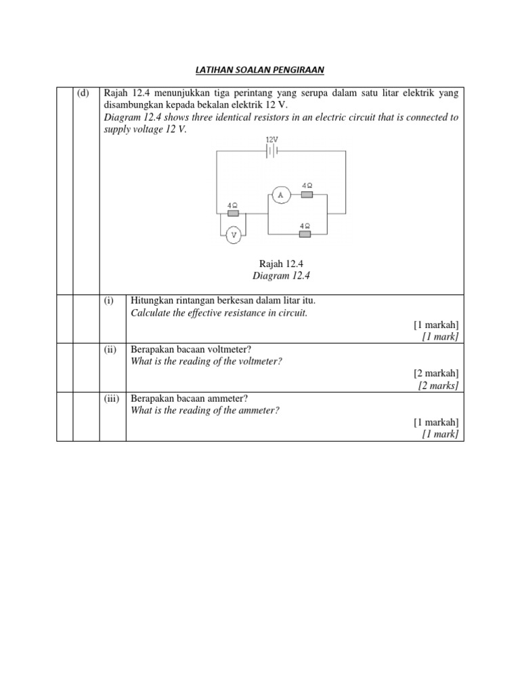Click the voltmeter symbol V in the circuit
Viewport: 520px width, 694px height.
click(x=234, y=235)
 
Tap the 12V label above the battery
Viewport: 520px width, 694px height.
click(x=272, y=139)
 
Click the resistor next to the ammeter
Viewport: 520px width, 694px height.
click(x=307, y=195)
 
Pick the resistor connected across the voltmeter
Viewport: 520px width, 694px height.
click(x=234, y=213)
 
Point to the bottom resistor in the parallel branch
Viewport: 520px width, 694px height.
click(x=305, y=234)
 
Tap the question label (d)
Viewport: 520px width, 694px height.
click(x=83, y=94)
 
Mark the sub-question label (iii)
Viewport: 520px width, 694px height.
click(x=112, y=399)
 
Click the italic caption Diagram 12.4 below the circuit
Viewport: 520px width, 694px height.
click(x=275, y=275)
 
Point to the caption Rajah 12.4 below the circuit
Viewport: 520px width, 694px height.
click(x=275, y=263)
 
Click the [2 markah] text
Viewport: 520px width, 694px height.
click(x=436, y=373)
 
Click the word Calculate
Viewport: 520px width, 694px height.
click(x=150, y=312)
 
